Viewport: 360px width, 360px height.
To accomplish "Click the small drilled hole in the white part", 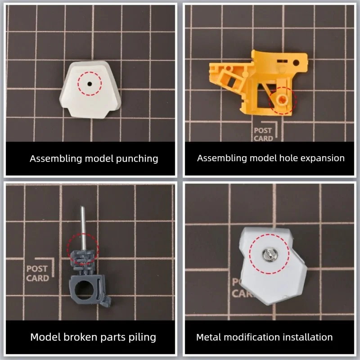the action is [x=90, y=84].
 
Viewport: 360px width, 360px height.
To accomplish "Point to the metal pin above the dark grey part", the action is [x=83, y=229].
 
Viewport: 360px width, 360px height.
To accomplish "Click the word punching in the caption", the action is [x=137, y=159].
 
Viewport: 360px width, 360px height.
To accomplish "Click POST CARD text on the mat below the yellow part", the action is [x=263, y=134].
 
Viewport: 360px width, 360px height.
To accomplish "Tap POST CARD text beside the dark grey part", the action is [x=37, y=274].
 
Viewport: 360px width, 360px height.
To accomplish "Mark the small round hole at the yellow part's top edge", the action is [x=296, y=62].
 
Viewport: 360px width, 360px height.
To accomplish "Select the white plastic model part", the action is [x=90, y=90].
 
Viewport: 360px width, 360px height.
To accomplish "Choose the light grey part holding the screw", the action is [x=273, y=266].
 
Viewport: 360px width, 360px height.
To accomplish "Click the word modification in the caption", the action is [x=252, y=337].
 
